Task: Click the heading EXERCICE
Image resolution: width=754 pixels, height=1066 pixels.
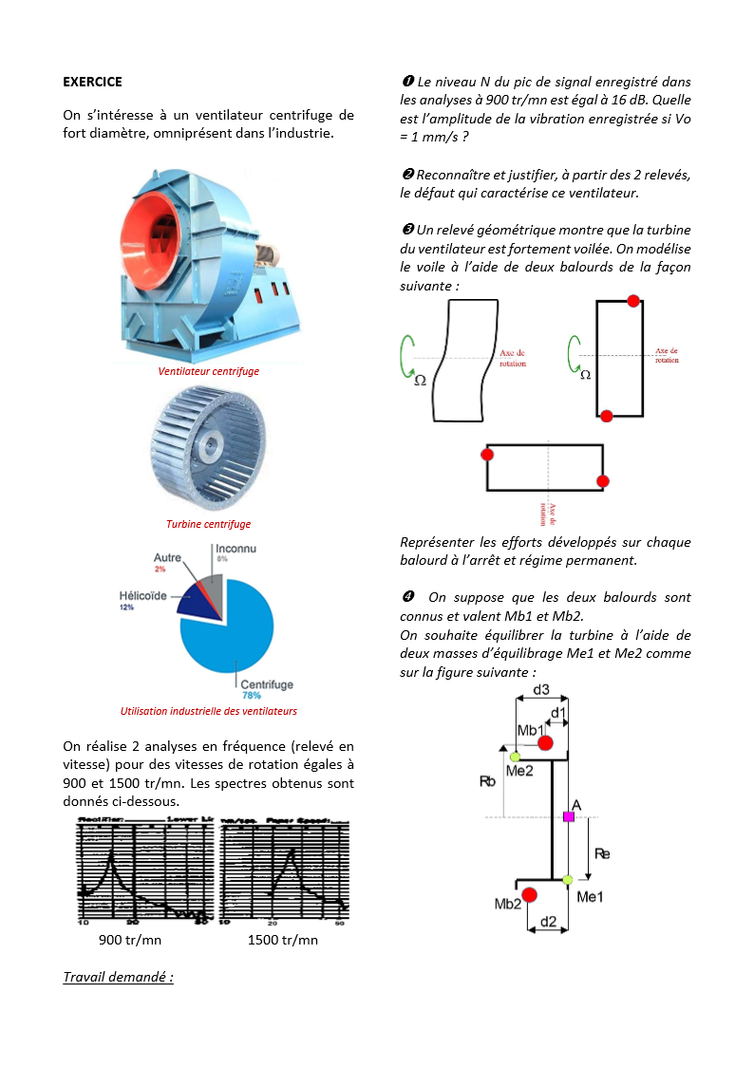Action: pyautogui.click(x=92, y=82)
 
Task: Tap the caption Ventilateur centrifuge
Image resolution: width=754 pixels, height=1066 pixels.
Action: pyautogui.click(x=208, y=371)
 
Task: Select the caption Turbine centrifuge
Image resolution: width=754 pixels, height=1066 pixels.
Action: pyautogui.click(x=208, y=524)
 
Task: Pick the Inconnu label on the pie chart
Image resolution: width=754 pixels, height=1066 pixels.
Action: pyautogui.click(x=236, y=549)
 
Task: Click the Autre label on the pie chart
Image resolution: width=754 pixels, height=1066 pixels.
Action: pyautogui.click(x=167, y=558)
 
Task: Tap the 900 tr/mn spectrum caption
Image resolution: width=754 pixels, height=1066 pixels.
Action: pyautogui.click(x=130, y=940)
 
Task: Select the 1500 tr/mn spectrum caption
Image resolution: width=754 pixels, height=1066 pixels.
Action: pyautogui.click(x=282, y=940)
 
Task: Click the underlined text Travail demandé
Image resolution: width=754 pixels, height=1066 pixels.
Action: pyautogui.click(x=118, y=977)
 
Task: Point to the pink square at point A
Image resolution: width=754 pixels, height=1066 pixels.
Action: pyautogui.click(x=569, y=816)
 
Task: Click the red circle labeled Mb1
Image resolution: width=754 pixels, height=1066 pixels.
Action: pyautogui.click(x=545, y=742)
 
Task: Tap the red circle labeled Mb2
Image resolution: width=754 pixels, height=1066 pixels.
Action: pyautogui.click(x=530, y=895)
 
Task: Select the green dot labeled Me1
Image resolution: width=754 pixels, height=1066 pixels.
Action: pyautogui.click(x=568, y=880)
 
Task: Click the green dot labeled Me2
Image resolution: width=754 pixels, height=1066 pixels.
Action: pyautogui.click(x=515, y=757)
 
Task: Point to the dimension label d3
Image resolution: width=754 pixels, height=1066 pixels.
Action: pyautogui.click(x=540, y=688)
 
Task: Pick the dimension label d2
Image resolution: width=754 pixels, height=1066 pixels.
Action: pyautogui.click(x=548, y=922)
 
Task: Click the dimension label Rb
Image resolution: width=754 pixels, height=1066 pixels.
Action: pyautogui.click(x=487, y=781)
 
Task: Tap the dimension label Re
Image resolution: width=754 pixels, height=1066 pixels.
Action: pyautogui.click(x=601, y=853)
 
